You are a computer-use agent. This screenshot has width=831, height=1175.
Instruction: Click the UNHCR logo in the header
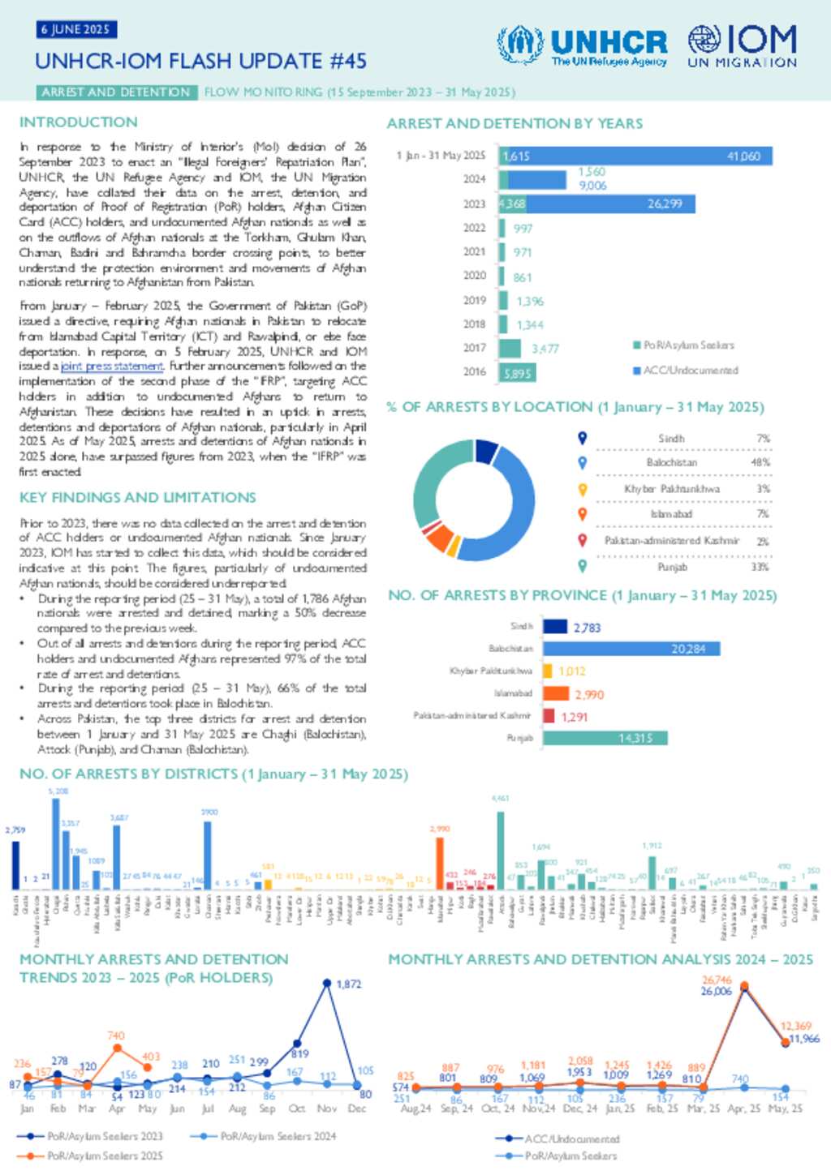[583, 45]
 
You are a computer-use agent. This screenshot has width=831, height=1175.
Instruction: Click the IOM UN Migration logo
[743, 45]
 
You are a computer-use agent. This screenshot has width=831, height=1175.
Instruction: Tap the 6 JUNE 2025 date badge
[77, 30]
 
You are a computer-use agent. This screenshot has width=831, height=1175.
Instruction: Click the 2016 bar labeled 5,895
[516, 373]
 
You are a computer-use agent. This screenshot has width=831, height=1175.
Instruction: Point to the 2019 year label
[475, 300]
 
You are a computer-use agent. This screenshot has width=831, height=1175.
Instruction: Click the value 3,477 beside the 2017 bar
[545, 349]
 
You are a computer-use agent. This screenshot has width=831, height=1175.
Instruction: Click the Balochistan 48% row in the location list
[682, 462]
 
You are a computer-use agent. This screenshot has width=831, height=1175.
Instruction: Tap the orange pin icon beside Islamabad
[582, 513]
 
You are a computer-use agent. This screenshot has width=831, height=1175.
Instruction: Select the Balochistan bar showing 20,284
[631, 649]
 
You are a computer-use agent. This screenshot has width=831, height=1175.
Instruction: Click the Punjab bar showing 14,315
[605, 738]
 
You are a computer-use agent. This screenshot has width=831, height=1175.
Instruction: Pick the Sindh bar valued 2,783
[555, 627]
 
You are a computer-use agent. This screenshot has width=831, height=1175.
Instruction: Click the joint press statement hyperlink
[112, 367]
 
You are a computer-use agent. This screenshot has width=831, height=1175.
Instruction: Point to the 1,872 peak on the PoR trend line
[327, 984]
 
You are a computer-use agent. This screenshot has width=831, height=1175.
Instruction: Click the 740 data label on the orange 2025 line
[116, 1036]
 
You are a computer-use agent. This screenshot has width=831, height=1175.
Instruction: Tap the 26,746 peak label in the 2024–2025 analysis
[717, 980]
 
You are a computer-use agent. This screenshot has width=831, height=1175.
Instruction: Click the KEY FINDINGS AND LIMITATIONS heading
[138, 497]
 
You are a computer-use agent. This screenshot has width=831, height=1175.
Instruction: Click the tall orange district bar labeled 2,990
[440, 863]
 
